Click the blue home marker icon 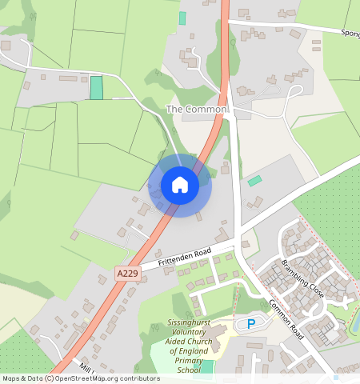180,186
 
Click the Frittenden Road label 184,257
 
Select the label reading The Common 197,108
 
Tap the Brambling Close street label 302,278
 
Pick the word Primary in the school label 189,361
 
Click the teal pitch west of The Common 97,88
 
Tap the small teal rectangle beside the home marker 254,182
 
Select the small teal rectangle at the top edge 182,18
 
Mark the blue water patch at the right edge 356,321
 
